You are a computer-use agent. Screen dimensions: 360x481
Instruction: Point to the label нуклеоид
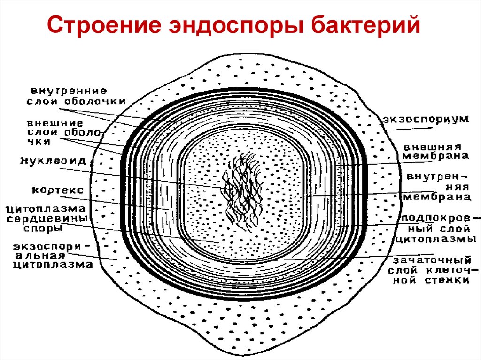59,161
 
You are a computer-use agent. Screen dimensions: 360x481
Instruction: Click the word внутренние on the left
69,90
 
